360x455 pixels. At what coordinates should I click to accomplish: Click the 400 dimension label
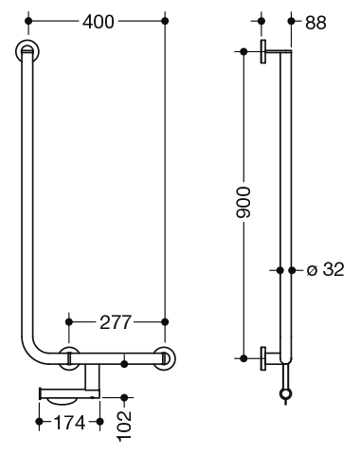[99, 22]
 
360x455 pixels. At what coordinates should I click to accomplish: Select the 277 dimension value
[115, 322]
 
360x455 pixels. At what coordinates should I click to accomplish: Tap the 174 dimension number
[69, 423]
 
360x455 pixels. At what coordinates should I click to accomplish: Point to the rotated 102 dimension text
[124, 426]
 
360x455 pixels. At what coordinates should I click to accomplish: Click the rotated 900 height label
[243, 202]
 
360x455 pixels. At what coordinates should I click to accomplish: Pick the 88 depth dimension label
[315, 23]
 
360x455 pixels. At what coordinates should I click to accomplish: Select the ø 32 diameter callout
[325, 270]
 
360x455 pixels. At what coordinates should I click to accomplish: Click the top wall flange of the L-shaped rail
[27, 51]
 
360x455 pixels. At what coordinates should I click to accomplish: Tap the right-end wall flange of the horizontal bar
[164, 358]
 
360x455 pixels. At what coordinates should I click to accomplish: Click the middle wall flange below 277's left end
[69, 358]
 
